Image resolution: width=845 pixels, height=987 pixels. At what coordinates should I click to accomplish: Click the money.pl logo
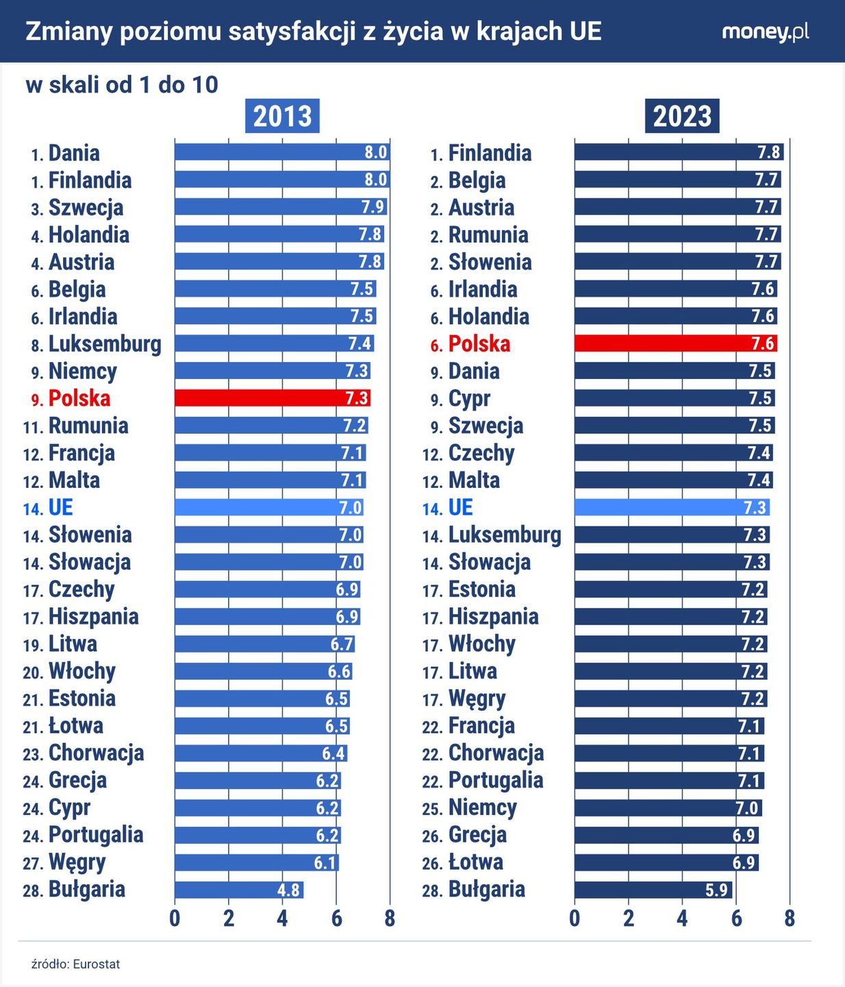(765, 32)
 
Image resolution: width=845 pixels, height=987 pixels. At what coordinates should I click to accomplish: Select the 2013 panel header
(282, 116)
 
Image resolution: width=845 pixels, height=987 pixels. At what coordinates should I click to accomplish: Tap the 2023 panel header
(681, 116)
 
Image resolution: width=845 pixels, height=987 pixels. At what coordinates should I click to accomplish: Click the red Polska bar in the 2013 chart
(272, 398)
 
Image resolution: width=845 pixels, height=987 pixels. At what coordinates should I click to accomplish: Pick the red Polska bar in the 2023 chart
(675, 343)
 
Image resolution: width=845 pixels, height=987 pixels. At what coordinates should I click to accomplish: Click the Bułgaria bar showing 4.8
(238, 890)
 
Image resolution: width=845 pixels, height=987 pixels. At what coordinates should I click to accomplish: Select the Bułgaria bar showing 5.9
(653, 890)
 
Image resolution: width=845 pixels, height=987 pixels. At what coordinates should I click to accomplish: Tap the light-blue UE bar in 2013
(268, 507)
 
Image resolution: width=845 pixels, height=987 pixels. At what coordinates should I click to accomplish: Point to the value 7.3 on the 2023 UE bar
(755, 508)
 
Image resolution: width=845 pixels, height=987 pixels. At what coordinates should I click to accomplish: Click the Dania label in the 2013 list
(74, 153)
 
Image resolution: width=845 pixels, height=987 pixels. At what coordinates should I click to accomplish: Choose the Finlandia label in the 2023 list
(490, 153)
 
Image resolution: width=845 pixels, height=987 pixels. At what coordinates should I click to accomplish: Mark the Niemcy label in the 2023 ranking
(482, 807)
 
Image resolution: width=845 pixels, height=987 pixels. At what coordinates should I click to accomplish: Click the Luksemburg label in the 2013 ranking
(105, 344)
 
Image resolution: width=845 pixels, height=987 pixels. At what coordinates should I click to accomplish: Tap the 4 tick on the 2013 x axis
(282, 918)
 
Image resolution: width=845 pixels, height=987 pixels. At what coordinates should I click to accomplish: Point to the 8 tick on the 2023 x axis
(790, 918)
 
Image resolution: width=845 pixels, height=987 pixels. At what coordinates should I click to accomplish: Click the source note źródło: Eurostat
(75, 964)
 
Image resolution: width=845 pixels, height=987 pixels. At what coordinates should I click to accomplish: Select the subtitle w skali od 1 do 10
(122, 85)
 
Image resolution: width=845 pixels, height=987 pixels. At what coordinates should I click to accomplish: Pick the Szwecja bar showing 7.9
(281, 207)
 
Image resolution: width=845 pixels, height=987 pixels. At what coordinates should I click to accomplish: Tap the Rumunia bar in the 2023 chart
(677, 234)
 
